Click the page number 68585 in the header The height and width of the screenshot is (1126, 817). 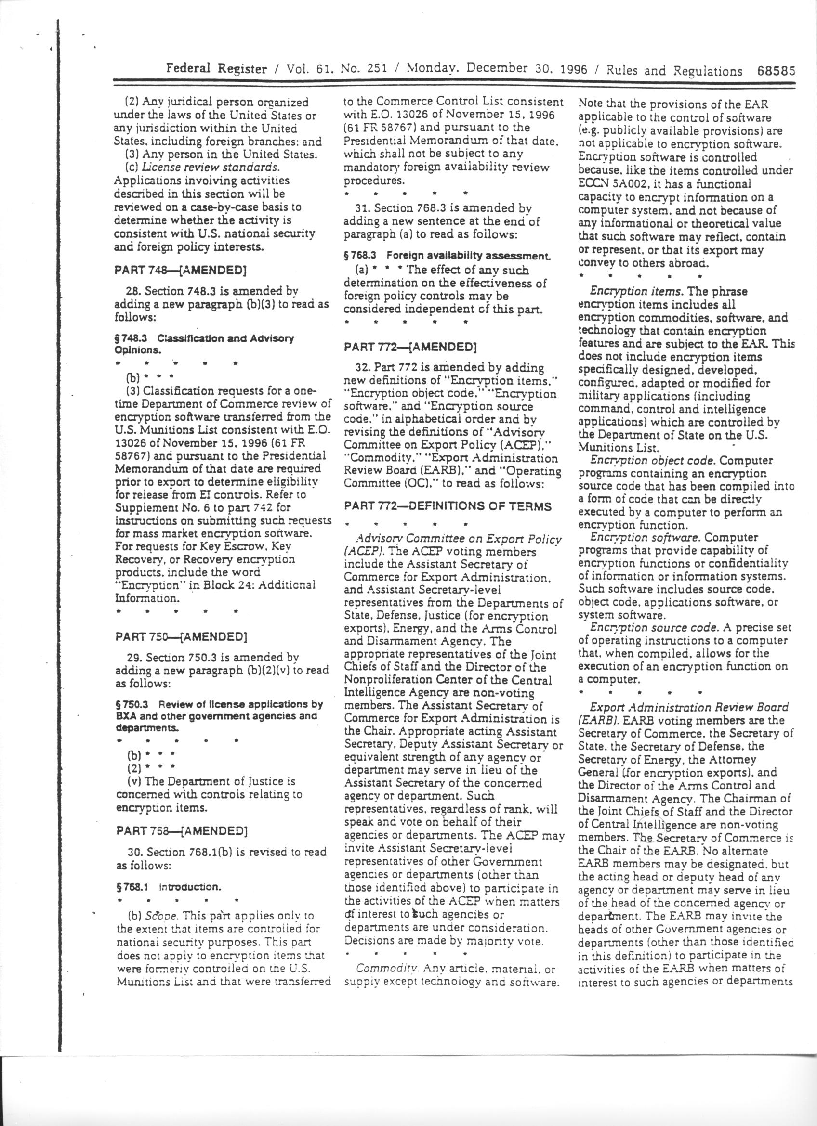(x=776, y=71)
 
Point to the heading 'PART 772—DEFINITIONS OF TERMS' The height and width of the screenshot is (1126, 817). (x=448, y=506)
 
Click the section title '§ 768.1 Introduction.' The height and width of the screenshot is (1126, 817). (x=169, y=887)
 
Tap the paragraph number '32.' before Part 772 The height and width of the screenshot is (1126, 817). (x=363, y=368)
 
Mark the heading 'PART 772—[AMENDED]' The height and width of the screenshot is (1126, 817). (x=410, y=347)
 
